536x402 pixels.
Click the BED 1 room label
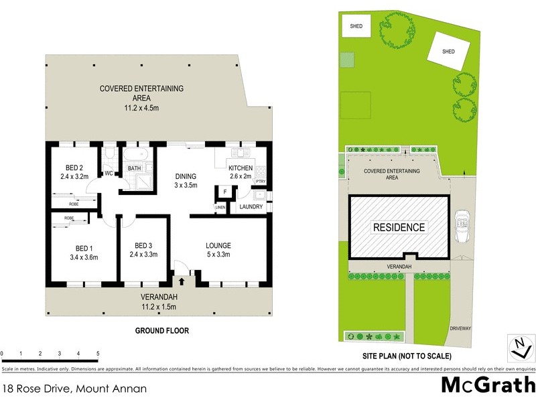83,247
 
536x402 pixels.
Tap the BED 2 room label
74,167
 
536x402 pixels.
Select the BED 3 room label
143,245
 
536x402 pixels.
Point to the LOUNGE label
218,245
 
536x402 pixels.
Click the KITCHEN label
241,167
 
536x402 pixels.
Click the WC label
109,174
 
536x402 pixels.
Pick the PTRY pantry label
261,182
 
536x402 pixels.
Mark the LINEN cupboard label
220,208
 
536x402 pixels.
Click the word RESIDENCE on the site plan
399,227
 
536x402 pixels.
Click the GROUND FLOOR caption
162,330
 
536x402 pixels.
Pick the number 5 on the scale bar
98,353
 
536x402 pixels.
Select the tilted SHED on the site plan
448,51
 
